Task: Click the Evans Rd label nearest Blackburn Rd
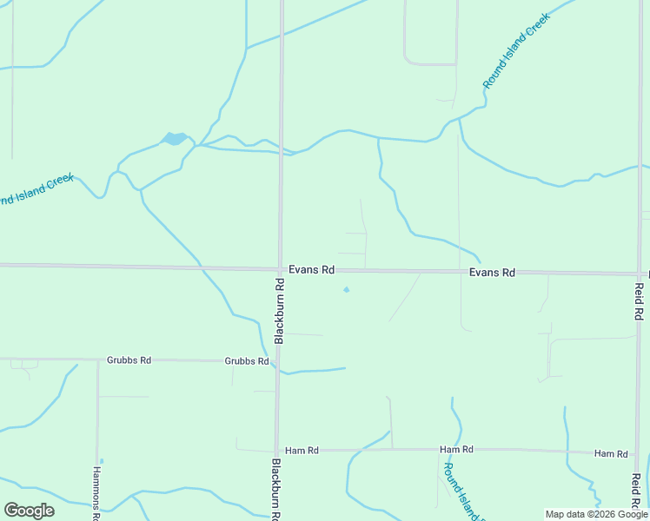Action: click(x=312, y=270)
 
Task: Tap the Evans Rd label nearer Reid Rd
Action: click(x=492, y=273)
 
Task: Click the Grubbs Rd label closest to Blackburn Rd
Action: click(x=246, y=360)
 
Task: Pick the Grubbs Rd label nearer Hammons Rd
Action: click(x=129, y=359)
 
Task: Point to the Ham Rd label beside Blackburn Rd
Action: click(x=302, y=451)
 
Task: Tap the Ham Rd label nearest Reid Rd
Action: click(x=611, y=453)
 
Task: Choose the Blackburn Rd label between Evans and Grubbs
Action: click(x=280, y=311)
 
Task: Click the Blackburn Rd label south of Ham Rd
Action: click(x=275, y=491)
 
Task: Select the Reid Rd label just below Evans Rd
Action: click(x=639, y=301)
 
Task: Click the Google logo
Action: click(x=29, y=511)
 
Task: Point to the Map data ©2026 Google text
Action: click(x=597, y=514)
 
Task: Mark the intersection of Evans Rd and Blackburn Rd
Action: click(x=279, y=268)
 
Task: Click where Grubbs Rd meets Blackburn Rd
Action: click(x=277, y=360)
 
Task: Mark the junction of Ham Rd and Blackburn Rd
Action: click(x=276, y=451)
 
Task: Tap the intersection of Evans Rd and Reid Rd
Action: click(x=639, y=274)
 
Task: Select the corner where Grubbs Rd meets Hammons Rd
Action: click(x=97, y=359)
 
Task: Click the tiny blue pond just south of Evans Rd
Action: click(x=346, y=289)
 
